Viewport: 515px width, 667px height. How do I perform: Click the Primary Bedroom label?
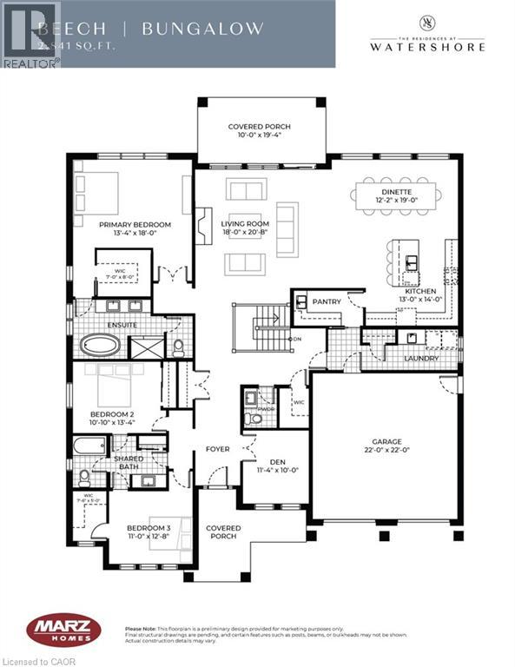coord(134,225)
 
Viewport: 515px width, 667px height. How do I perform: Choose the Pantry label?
coord(327,301)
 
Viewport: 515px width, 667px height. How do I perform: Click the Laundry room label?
coord(419,358)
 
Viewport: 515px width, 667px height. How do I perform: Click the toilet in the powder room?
coord(253,419)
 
